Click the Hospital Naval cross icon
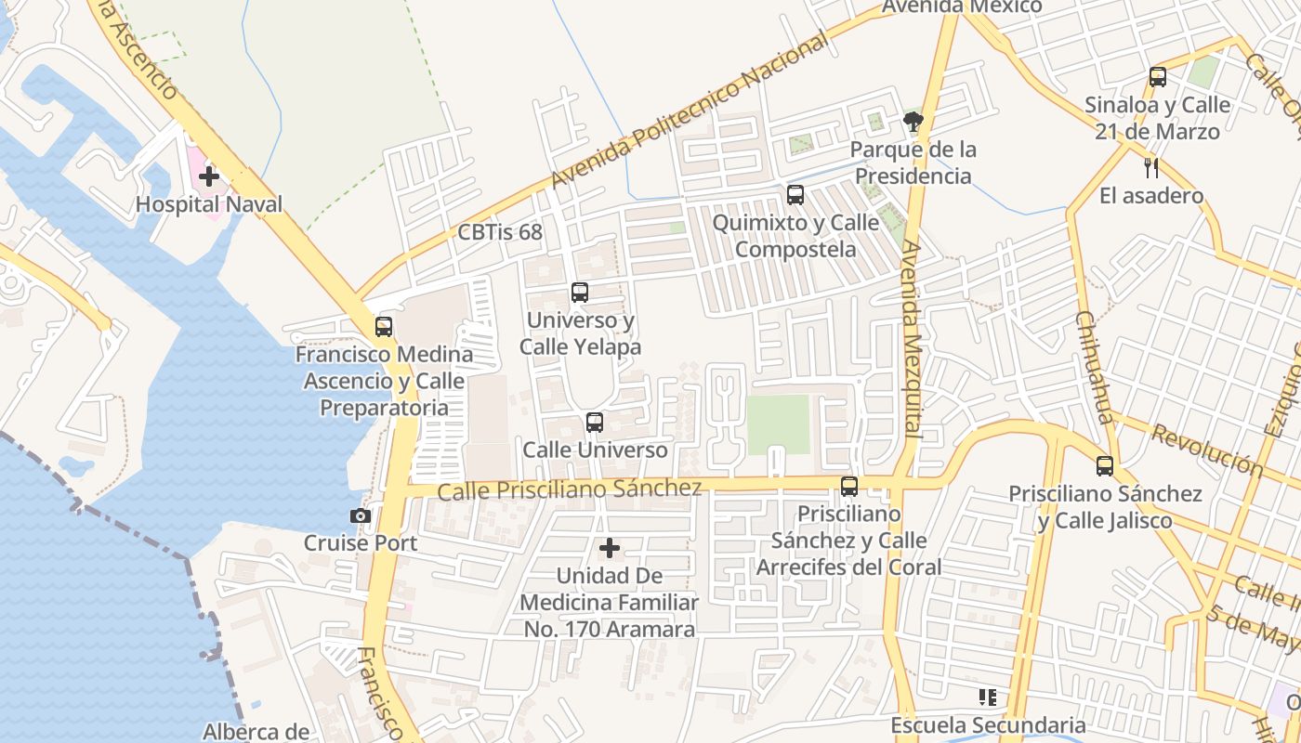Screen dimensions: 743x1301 pyautogui.click(x=209, y=176)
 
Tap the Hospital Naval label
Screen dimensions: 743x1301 pyautogui.click(x=209, y=203)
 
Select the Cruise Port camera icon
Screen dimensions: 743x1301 pyautogui.click(x=361, y=516)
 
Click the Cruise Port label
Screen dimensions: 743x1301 pyautogui.click(x=361, y=542)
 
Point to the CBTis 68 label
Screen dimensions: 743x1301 pyautogui.click(x=500, y=232)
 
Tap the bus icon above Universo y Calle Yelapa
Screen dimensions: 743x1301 pyautogui.click(x=580, y=293)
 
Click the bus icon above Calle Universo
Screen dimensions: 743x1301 pyautogui.click(x=595, y=423)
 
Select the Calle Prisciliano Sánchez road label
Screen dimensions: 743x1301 pyautogui.click(x=570, y=489)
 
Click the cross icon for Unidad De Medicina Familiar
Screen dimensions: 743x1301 pyautogui.click(x=610, y=548)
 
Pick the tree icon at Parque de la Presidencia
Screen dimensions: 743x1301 pyautogui.click(x=913, y=121)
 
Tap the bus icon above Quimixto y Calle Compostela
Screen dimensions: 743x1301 pyautogui.click(x=795, y=195)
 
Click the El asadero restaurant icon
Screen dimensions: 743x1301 pyautogui.click(x=1151, y=168)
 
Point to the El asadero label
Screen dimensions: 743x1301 pyautogui.click(x=1151, y=196)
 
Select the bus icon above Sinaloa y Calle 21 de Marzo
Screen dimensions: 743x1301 pyautogui.click(x=1157, y=77)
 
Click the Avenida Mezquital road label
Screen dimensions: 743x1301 pyautogui.click(x=911, y=339)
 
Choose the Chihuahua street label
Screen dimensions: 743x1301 pyautogui.click(x=1094, y=367)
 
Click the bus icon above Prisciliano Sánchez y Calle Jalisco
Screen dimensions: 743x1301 pyautogui.click(x=1105, y=466)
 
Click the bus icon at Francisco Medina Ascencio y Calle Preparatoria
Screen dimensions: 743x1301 pyautogui.click(x=384, y=327)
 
